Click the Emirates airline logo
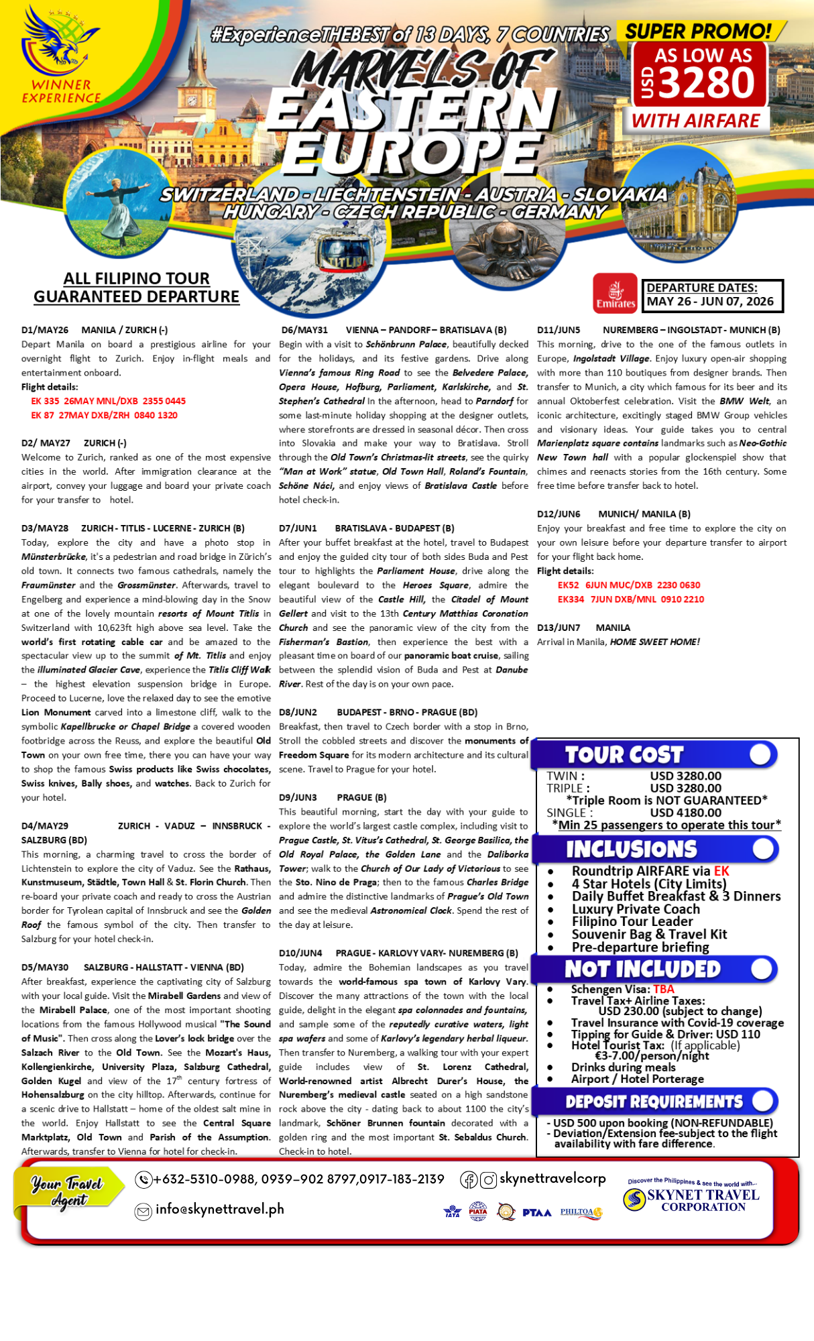point(615,293)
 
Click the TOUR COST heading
point(624,755)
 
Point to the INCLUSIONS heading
point(631,850)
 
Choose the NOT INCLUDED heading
point(642,969)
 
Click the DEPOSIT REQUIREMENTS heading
point(654,1102)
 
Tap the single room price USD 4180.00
point(685,813)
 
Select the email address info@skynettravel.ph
point(220,1209)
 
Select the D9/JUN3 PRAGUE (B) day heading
point(333,797)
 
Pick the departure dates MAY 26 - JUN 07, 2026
point(710,302)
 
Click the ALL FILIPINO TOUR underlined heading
point(136,278)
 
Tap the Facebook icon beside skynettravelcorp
point(468,1179)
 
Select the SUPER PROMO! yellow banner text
point(698,31)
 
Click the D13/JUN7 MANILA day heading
point(583,628)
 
